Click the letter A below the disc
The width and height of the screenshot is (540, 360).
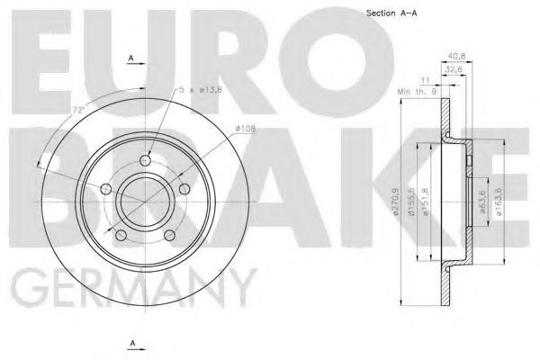point(130,344)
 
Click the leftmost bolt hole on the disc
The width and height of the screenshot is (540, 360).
point(106,188)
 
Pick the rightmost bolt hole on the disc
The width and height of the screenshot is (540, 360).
point(184,188)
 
